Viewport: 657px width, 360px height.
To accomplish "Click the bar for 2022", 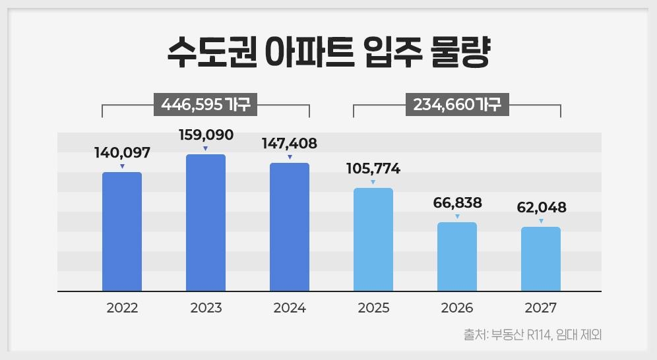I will tap(122, 231).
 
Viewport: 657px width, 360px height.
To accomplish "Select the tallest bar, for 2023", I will tap(206, 222).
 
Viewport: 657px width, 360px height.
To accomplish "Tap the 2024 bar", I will tap(290, 226).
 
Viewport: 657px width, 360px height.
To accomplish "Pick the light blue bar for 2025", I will tap(373, 239).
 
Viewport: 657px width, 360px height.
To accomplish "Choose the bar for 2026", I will tap(457, 256).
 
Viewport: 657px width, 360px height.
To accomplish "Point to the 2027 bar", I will tap(541, 258).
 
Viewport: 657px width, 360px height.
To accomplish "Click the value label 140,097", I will tap(122, 153).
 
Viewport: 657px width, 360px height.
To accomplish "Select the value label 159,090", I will tap(206, 135).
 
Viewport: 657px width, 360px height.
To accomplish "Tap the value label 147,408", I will tap(290, 143).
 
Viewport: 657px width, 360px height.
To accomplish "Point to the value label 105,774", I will tap(373, 169).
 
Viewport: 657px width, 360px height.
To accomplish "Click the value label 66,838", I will tap(457, 203).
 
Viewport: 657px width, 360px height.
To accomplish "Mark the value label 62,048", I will tap(541, 208).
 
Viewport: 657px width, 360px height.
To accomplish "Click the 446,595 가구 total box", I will tap(205, 104).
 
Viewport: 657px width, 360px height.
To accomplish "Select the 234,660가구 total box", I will tap(456, 104).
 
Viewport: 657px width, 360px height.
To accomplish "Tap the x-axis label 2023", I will tap(206, 308).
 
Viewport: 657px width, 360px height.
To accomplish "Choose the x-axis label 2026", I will tap(457, 308).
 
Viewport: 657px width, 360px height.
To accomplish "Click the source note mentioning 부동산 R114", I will tap(533, 335).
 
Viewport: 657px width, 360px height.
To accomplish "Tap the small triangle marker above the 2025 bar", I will tap(373, 182).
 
